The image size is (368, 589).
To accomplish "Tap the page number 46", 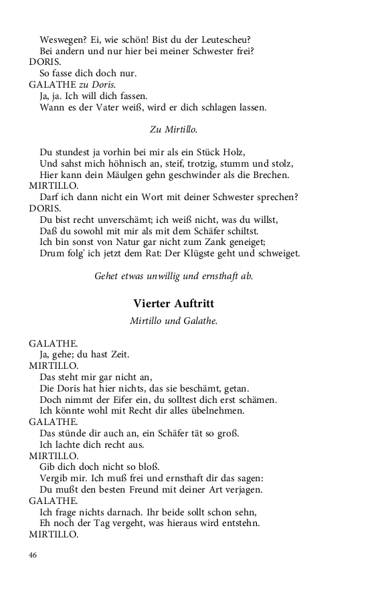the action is pos(34,555).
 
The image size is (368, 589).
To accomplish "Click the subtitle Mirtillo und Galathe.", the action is pos(174,321).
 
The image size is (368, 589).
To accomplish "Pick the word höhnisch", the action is pos(122,163).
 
